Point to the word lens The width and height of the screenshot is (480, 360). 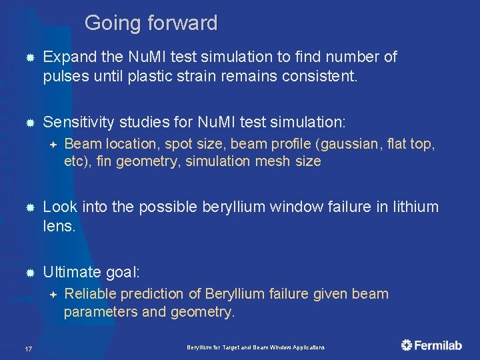pyautogui.click(x=59, y=225)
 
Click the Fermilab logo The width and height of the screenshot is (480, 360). pyautogui.click(x=431, y=345)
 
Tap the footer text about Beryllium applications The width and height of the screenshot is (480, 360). pyautogui.click(x=255, y=347)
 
